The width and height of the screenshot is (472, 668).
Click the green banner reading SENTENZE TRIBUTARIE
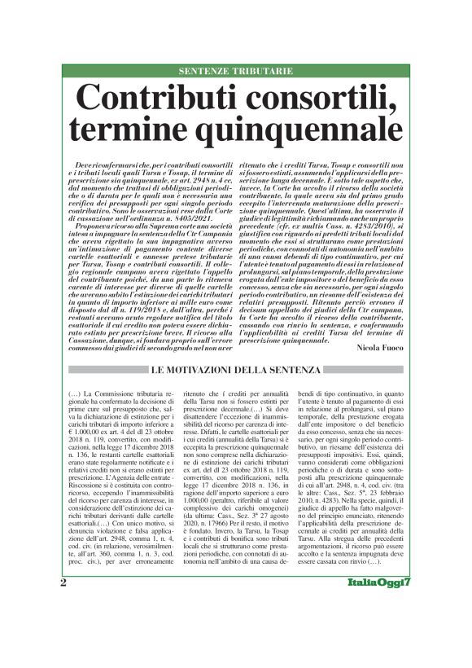tap(236, 72)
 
